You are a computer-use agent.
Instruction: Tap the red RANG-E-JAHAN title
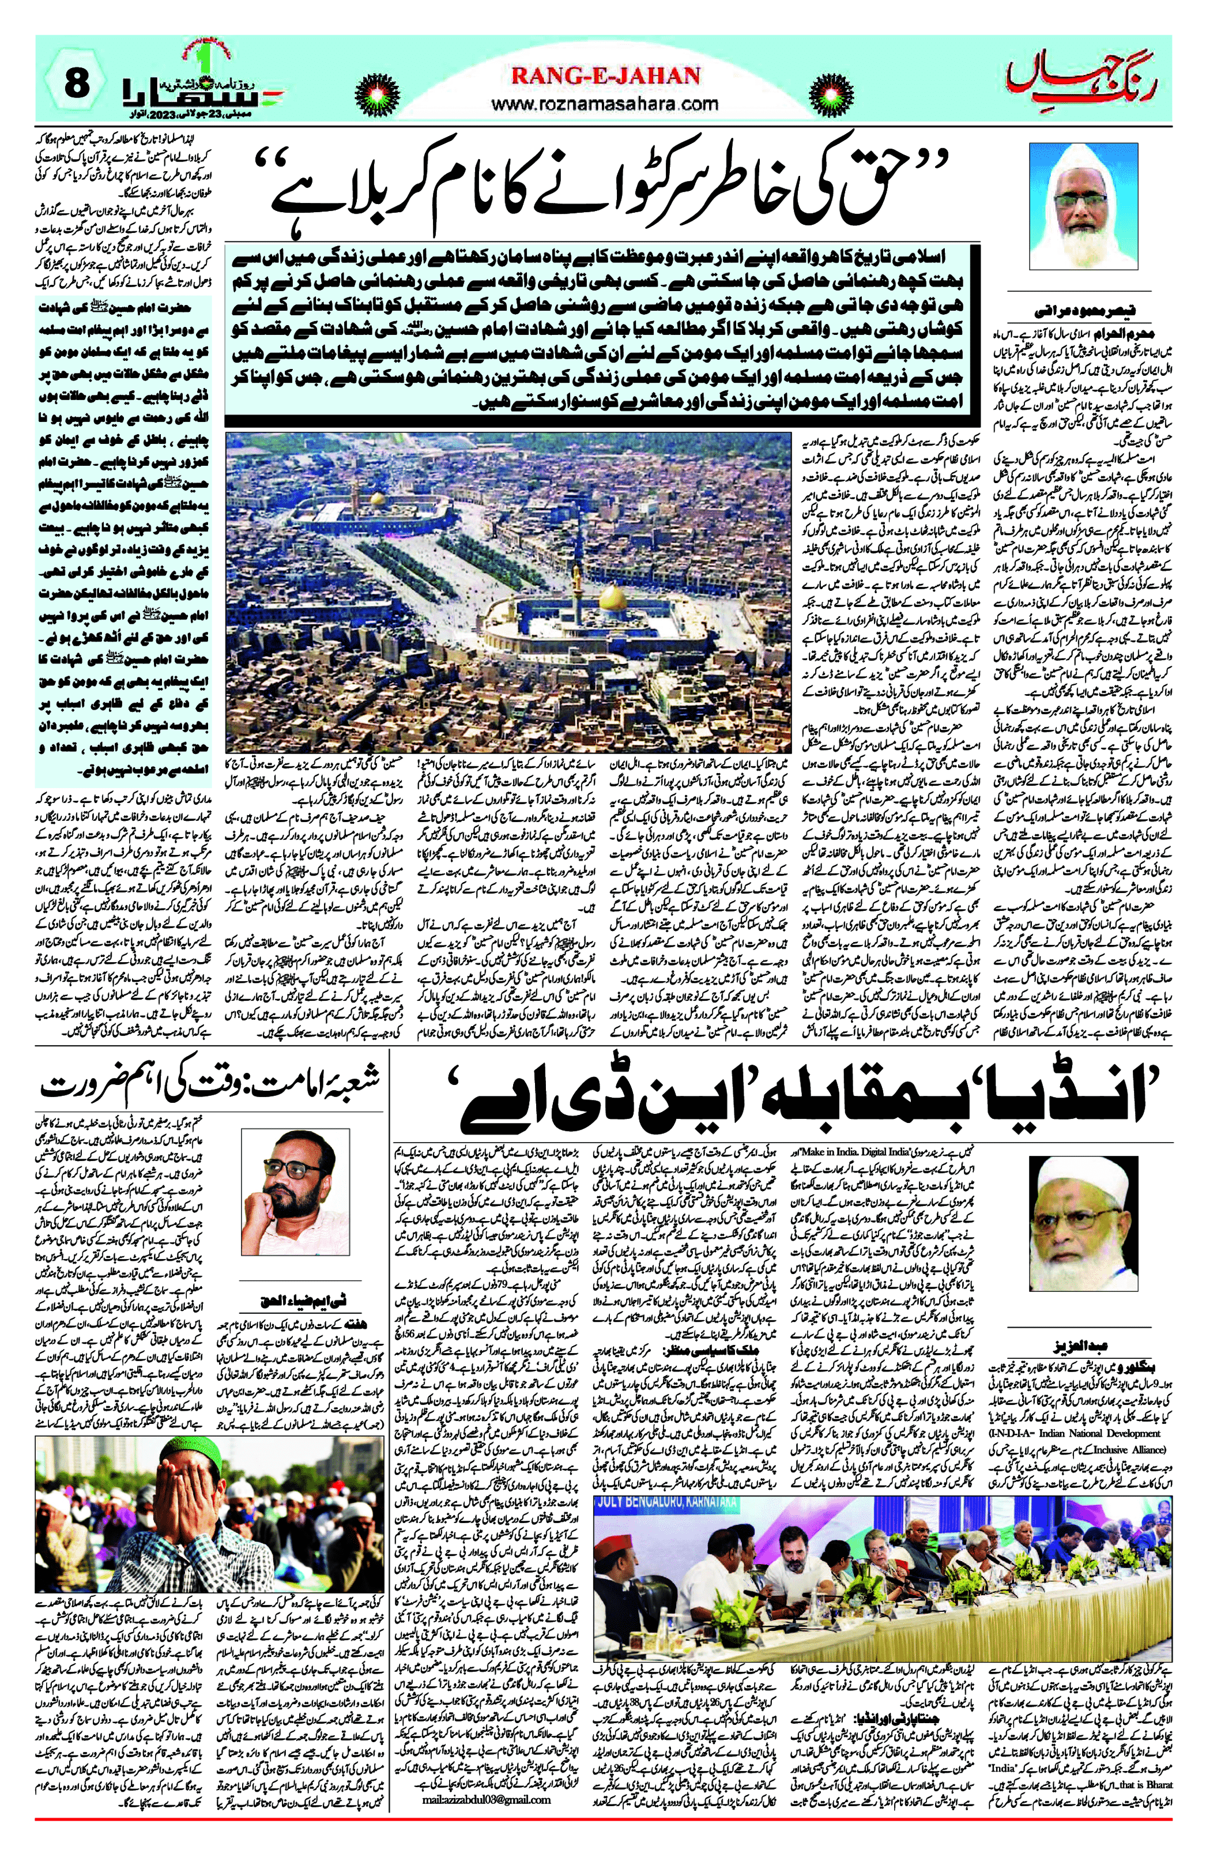point(605,76)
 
